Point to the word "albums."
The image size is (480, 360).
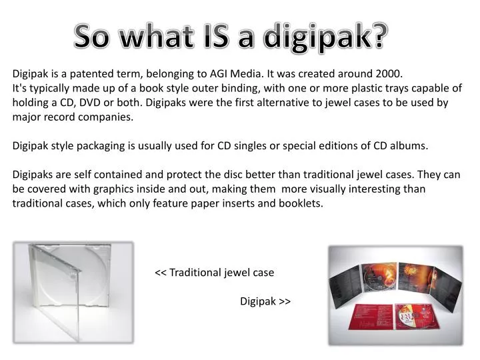[x=408, y=145]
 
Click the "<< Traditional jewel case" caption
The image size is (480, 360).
[x=214, y=273]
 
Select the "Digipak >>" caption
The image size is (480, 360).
[x=265, y=301]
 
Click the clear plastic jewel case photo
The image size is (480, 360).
[x=73, y=293]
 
